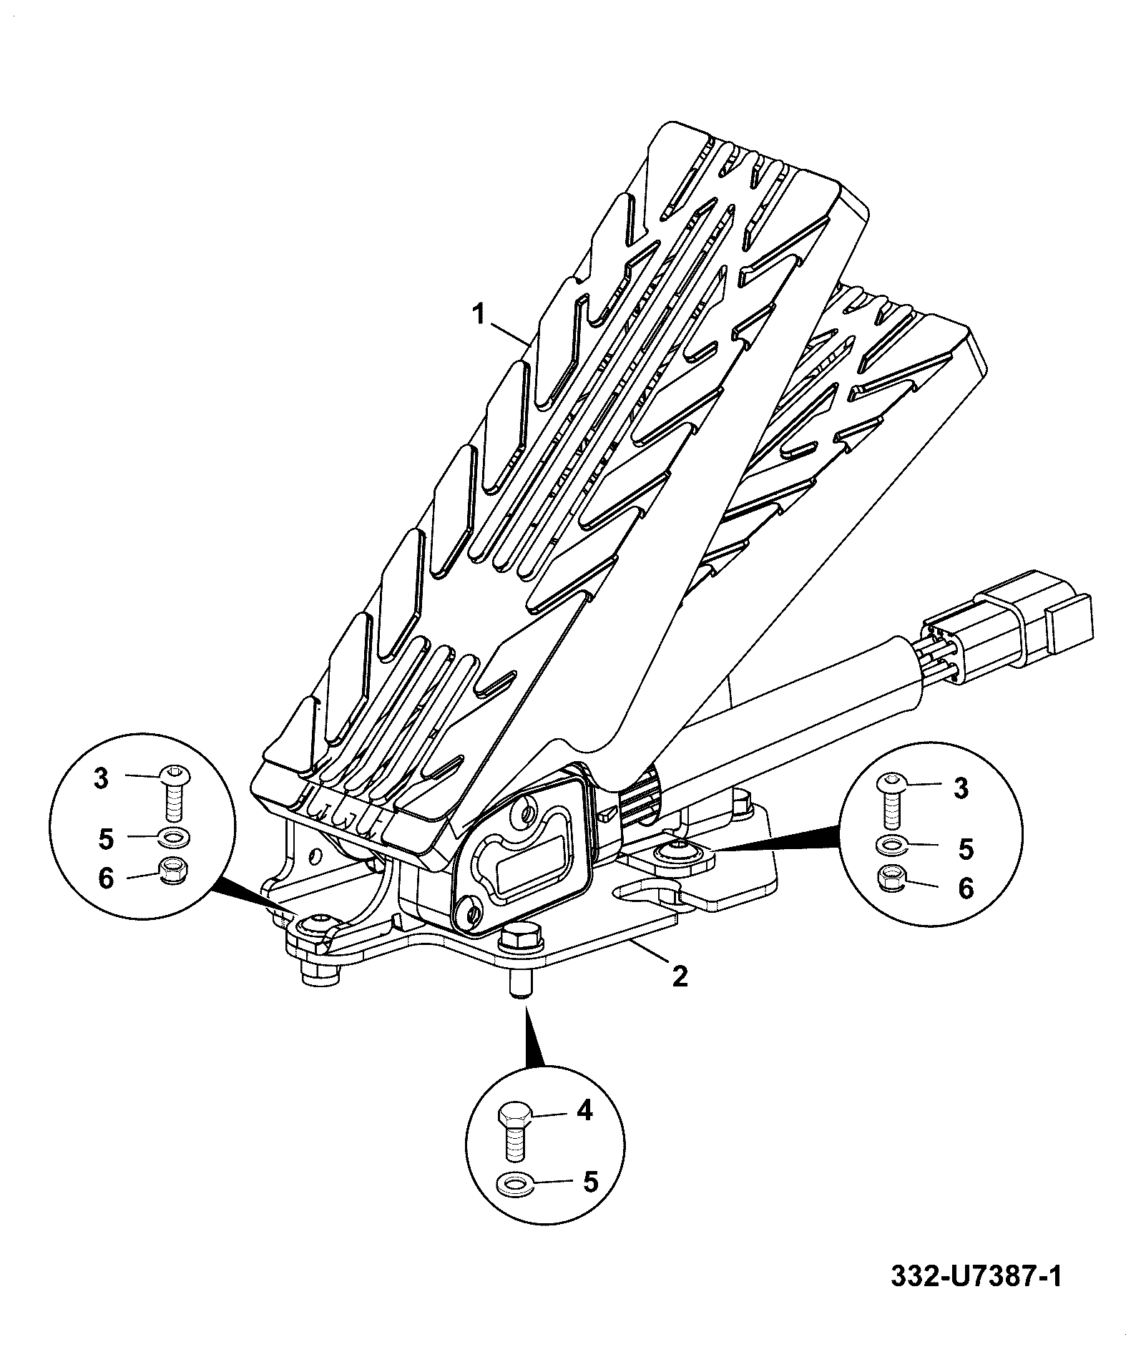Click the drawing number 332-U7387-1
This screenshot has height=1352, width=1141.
[976, 1277]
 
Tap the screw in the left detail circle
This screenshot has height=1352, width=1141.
[173, 793]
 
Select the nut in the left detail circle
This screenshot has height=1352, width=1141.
[172, 871]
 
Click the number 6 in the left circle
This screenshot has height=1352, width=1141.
[106, 878]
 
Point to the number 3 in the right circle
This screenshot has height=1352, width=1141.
[961, 789]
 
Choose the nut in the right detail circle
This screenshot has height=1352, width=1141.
[891, 878]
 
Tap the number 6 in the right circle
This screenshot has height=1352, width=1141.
[966, 888]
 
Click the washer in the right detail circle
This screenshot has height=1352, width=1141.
[891, 845]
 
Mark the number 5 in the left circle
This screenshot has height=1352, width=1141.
[106, 839]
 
